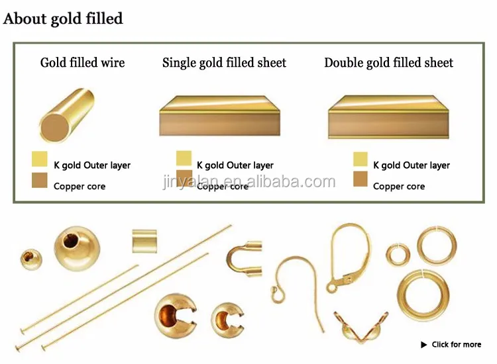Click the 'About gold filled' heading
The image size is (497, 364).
click(x=63, y=19)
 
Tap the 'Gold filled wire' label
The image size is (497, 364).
click(x=82, y=63)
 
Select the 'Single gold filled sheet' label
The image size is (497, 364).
click(x=224, y=63)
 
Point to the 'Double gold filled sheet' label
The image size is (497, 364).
click(x=388, y=63)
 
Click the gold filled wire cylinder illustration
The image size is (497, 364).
click(x=66, y=116)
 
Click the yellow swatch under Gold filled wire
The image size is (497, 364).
click(x=39, y=159)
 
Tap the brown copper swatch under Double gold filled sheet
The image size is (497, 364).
click(x=360, y=179)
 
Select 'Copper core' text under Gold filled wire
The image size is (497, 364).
click(x=80, y=187)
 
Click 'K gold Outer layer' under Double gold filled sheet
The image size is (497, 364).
click(x=412, y=165)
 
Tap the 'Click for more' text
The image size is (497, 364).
click(x=456, y=344)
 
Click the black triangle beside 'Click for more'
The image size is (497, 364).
click(x=424, y=345)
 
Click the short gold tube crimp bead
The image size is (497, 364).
click(x=144, y=240)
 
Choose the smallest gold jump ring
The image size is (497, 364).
click(x=398, y=255)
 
